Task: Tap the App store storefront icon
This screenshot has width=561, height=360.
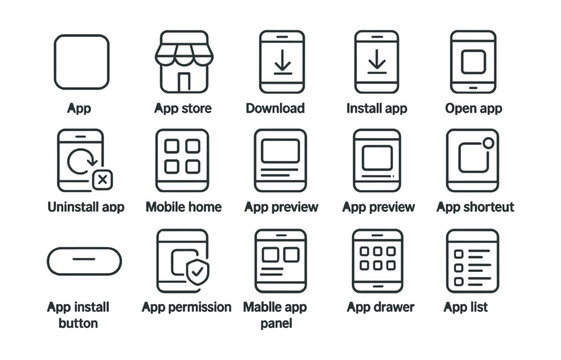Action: point(183,62)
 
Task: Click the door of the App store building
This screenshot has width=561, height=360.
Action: point(183,81)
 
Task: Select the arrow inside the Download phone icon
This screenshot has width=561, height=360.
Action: point(281,61)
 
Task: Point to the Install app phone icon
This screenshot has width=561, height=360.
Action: point(377,62)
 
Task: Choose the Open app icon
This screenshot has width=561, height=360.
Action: point(473,62)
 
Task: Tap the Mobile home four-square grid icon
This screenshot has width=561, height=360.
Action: point(183,160)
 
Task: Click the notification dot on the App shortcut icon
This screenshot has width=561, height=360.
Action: point(489,143)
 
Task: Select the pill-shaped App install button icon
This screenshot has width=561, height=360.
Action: point(85,260)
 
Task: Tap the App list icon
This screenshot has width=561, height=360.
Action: point(472,260)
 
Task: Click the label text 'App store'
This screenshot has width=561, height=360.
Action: point(183,108)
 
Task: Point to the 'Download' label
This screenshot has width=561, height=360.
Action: point(275,108)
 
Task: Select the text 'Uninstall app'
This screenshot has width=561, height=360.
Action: point(86,207)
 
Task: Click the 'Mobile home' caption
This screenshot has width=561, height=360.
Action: point(183,207)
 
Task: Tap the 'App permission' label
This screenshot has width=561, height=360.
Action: point(187,307)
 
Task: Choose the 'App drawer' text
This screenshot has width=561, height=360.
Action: point(381,307)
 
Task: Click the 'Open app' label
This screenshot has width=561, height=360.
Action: point(473,108)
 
